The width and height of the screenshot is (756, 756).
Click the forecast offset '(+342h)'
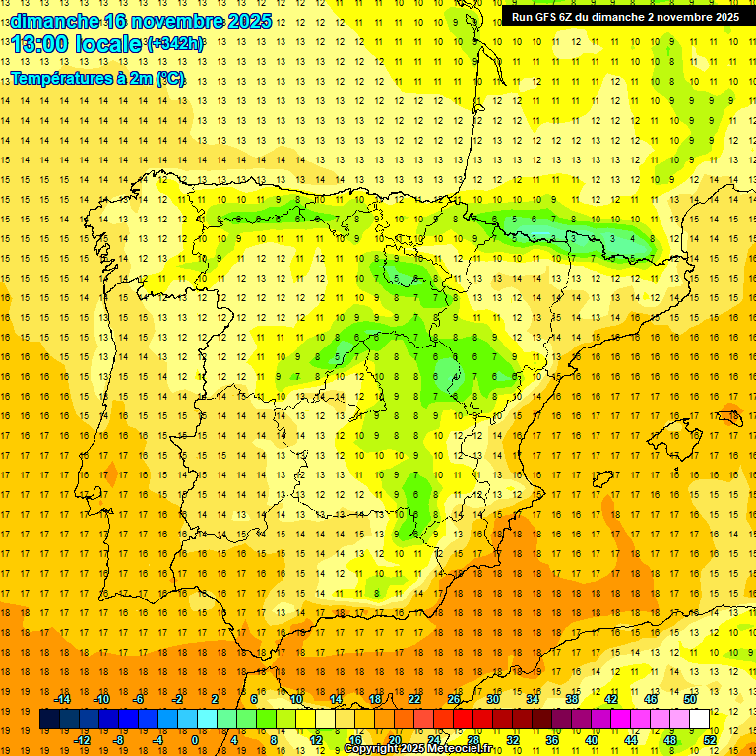[x=174, y=44]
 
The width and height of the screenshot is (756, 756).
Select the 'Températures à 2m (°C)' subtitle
[x=97, y=78]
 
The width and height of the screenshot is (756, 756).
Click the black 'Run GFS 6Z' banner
[x=626, y=17]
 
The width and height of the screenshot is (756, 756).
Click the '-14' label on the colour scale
[x=63, y=699]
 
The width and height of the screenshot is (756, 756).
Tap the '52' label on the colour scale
[x=710, y=739]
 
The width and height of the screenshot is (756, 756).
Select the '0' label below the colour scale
[x=194, y=739]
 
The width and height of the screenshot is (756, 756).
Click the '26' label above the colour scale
[x=454, y=699]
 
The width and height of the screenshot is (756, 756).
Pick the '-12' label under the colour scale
[x=83, y=739]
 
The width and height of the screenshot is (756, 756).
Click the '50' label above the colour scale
[x=690, y=699]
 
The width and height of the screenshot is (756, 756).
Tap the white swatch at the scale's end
[x=700, y=720]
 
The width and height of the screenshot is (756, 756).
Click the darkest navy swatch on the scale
[x=49, y=720]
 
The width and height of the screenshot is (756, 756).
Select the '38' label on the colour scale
[x=572, y=699]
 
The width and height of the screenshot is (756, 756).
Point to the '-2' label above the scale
[x=177, y=699]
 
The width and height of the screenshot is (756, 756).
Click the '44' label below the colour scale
[x=631, y=739]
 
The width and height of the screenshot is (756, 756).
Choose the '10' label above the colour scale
[x=296, y=699]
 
